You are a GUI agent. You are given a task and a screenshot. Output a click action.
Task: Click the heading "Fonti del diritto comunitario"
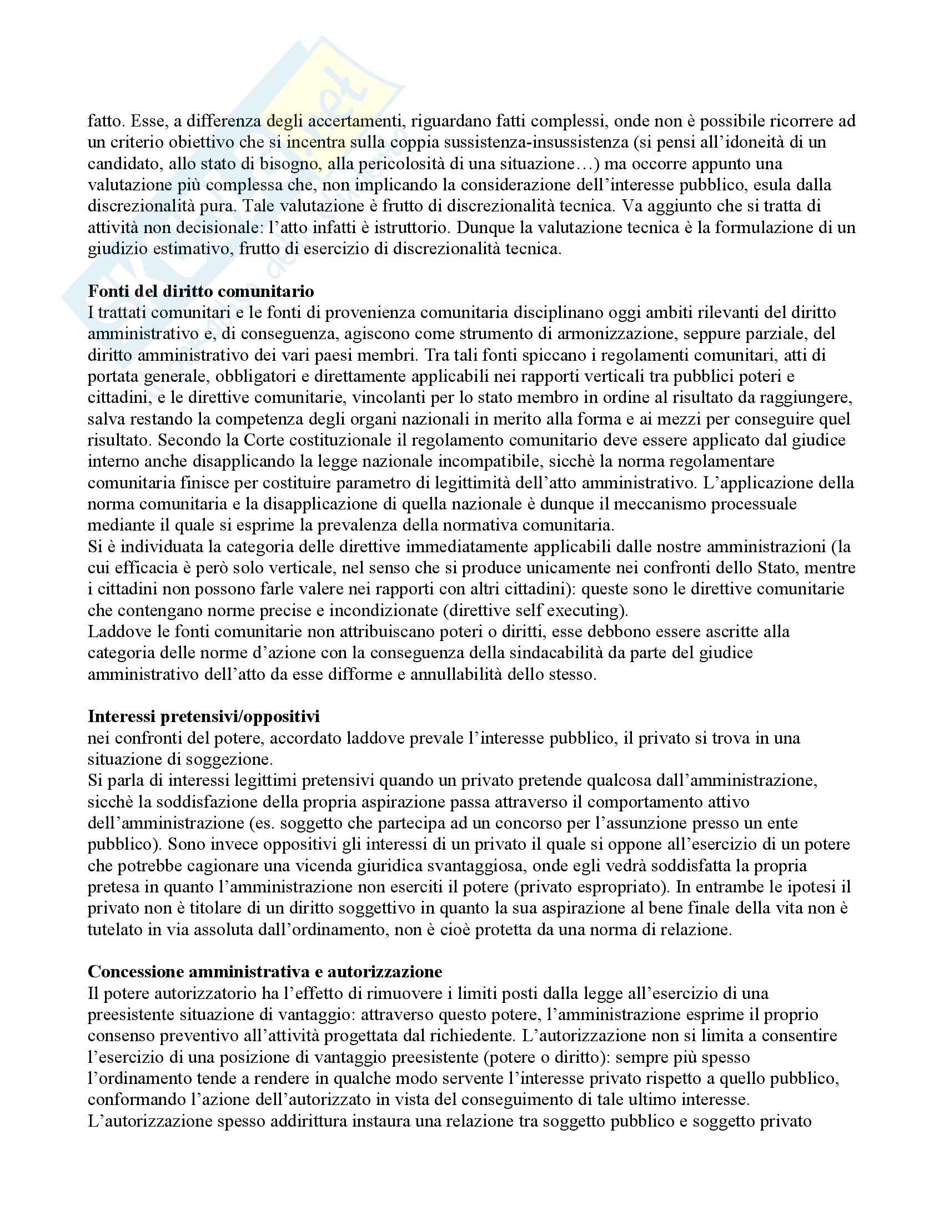click(x=201, y=291)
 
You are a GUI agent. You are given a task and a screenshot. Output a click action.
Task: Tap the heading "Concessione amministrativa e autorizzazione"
click(x=264, y=971)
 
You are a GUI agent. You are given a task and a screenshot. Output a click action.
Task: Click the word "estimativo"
click(x=188, y=249)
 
